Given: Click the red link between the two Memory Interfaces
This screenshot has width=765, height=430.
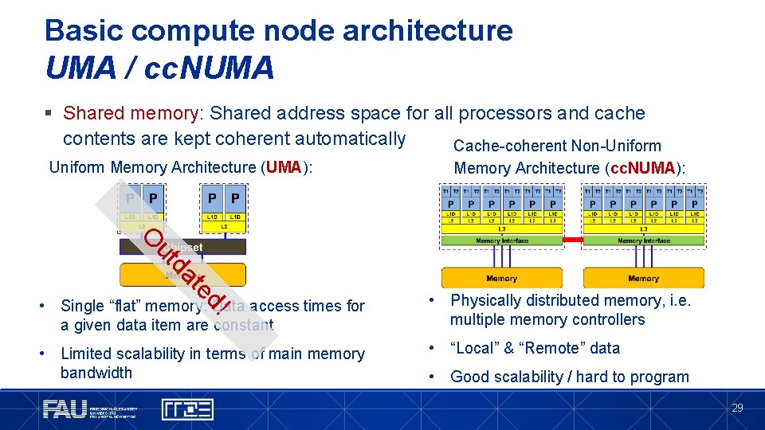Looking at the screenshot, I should pyautogui.click(x=573, y=240).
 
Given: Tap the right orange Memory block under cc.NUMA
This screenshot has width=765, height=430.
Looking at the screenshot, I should pyautogui.click(x=643, y=278).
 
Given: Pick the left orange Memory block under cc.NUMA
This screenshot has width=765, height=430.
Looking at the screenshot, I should pyautogui.click(x=501, y=278).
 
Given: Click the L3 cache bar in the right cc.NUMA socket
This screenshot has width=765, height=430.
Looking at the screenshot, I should pyautogui.click(x=643, y=229).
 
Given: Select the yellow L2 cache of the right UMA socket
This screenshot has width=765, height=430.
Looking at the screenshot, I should pyautogui.click(x=224, y=227).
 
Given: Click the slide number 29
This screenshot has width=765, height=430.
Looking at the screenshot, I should pyautogui.click(x=737, y=408).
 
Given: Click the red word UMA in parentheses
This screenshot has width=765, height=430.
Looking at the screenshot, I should pyautogui.click(x=284, y=168).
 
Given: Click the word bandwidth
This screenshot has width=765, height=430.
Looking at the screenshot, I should pyautogui.click(x=96, y=373).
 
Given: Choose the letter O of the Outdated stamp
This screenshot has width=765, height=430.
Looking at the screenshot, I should pyautogui.click(x=159, y=236).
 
